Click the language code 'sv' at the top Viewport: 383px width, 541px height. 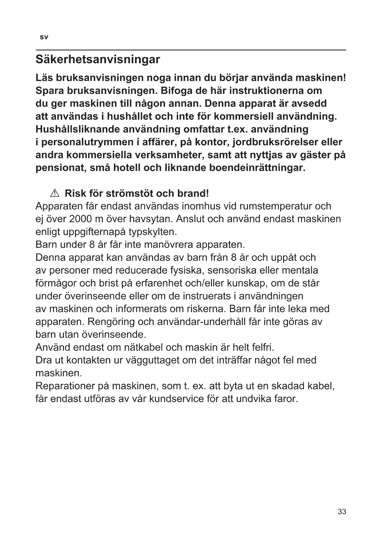point(44,37)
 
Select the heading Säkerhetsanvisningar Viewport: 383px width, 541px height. point(98,59)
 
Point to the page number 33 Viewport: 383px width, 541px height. point(342,512)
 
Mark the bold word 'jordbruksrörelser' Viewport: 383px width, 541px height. point(275,142)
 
